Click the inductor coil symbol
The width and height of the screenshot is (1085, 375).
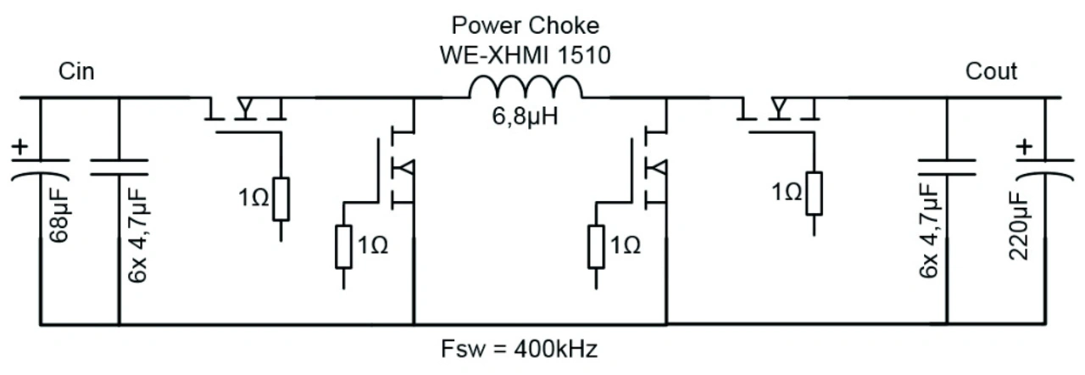click(526, 87)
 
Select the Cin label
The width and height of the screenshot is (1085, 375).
click(76, 72)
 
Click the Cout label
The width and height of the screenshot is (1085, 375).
click(991, 71)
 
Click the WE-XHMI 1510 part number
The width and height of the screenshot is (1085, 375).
click(526, 55)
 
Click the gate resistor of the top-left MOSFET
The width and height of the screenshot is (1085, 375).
click(281, 199)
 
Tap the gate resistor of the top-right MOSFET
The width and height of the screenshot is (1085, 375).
click(813, 193)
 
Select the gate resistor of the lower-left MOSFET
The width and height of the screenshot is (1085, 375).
click(343, 246)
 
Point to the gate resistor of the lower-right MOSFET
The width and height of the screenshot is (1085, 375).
click(597, 246)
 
